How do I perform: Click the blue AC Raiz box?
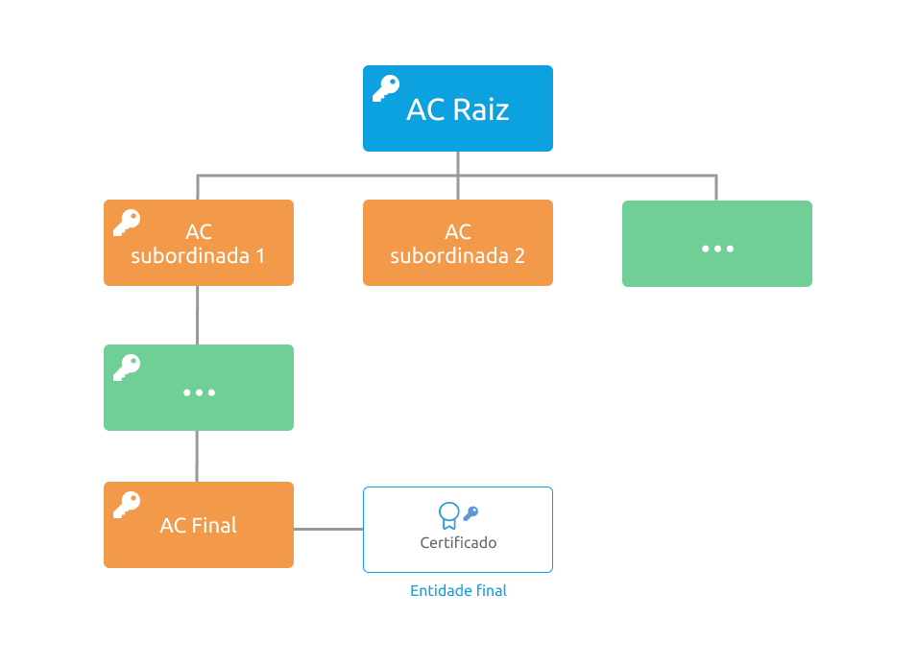point(458,108)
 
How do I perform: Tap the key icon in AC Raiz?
point(386,88)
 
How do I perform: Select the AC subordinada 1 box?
point(199,243)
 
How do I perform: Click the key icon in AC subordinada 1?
point(127,223)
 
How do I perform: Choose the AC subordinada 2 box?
point(458,243)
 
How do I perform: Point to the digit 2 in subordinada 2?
point(519,256)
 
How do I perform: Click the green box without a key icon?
point(717,244)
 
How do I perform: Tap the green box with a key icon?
point(199,388)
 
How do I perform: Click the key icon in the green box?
point(127,368)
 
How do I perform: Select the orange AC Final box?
point(199,525)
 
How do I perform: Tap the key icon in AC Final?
point(127,505)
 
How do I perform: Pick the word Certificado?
point(459,543)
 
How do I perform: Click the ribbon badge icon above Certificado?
point(449,515)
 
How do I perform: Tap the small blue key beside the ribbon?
point(471,513)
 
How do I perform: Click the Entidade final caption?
point(459,591)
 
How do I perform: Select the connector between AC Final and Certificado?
point(328,530)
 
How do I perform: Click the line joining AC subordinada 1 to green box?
point(198,315)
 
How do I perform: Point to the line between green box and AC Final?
point(197,457)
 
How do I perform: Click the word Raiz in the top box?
point(481,109)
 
